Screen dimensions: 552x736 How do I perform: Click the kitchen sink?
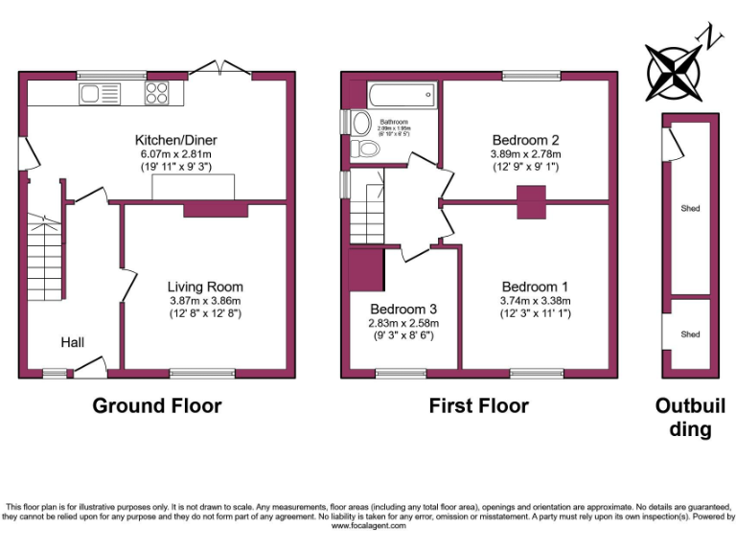coord(100,93)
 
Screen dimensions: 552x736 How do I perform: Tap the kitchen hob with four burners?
coord(157,93)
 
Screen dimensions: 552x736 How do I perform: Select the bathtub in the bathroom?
coord(401,96)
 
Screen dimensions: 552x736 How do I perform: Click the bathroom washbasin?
coord(361,123)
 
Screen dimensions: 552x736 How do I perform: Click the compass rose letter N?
coord(711,37)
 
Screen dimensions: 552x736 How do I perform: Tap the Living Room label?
coord(205,287)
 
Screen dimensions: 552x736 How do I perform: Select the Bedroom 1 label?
coord(536,287)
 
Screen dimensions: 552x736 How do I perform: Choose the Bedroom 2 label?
coord(525,139)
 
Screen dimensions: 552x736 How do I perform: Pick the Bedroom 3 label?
coord(403,310)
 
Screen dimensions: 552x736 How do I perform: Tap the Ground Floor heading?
coord(156,406)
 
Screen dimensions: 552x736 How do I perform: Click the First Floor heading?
coord(478,406)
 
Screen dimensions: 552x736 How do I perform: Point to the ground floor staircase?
coord(44,259)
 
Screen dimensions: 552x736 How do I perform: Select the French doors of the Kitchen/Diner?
coord(220,69)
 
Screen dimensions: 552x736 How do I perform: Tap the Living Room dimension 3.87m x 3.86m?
coord(205,300)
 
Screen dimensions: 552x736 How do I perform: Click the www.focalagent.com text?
coord(367,525)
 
